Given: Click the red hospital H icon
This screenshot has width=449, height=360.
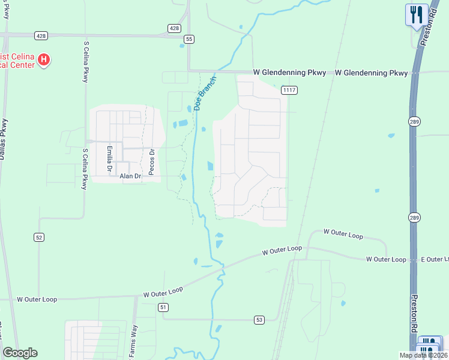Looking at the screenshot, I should pyautogui.click(x=44, y=59).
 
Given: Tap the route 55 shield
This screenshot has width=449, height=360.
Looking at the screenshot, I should pyautogui.click(x=189, y=39).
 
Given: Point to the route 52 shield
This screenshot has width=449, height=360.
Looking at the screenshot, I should pyautogui.click(x=39, y=237).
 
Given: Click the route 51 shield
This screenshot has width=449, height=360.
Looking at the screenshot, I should pyautogui.click(x=163, y=307).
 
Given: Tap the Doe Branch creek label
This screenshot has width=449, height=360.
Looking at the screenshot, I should pyautogui.click(x=204, y=92).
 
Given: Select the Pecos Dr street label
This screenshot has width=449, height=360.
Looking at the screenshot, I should pyautogui.click(x=152, y=160).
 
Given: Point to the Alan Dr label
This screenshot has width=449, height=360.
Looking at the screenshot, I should pyautogui.click(x=130, y=176).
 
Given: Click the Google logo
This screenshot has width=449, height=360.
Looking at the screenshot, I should pyautogui.click(x=20, y=353).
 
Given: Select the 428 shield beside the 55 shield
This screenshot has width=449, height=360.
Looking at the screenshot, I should pyautogui.click(x=173, y=28).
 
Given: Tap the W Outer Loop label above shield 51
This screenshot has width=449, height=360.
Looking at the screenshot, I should pyautogui.click(x=163, y=292).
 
